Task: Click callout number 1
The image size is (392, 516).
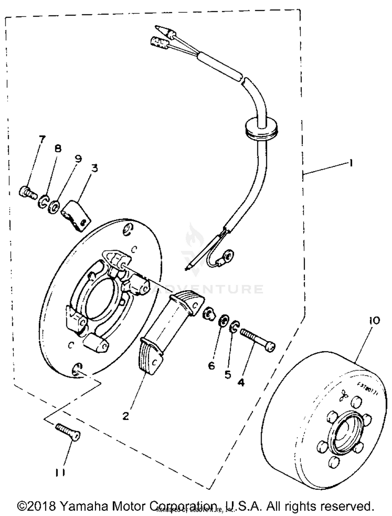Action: [351, 163]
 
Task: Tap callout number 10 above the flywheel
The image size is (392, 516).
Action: [374, 321]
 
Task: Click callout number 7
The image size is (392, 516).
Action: [42, 139]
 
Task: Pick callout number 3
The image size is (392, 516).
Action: [94, 168]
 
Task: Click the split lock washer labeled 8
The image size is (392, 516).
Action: [44, 201]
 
